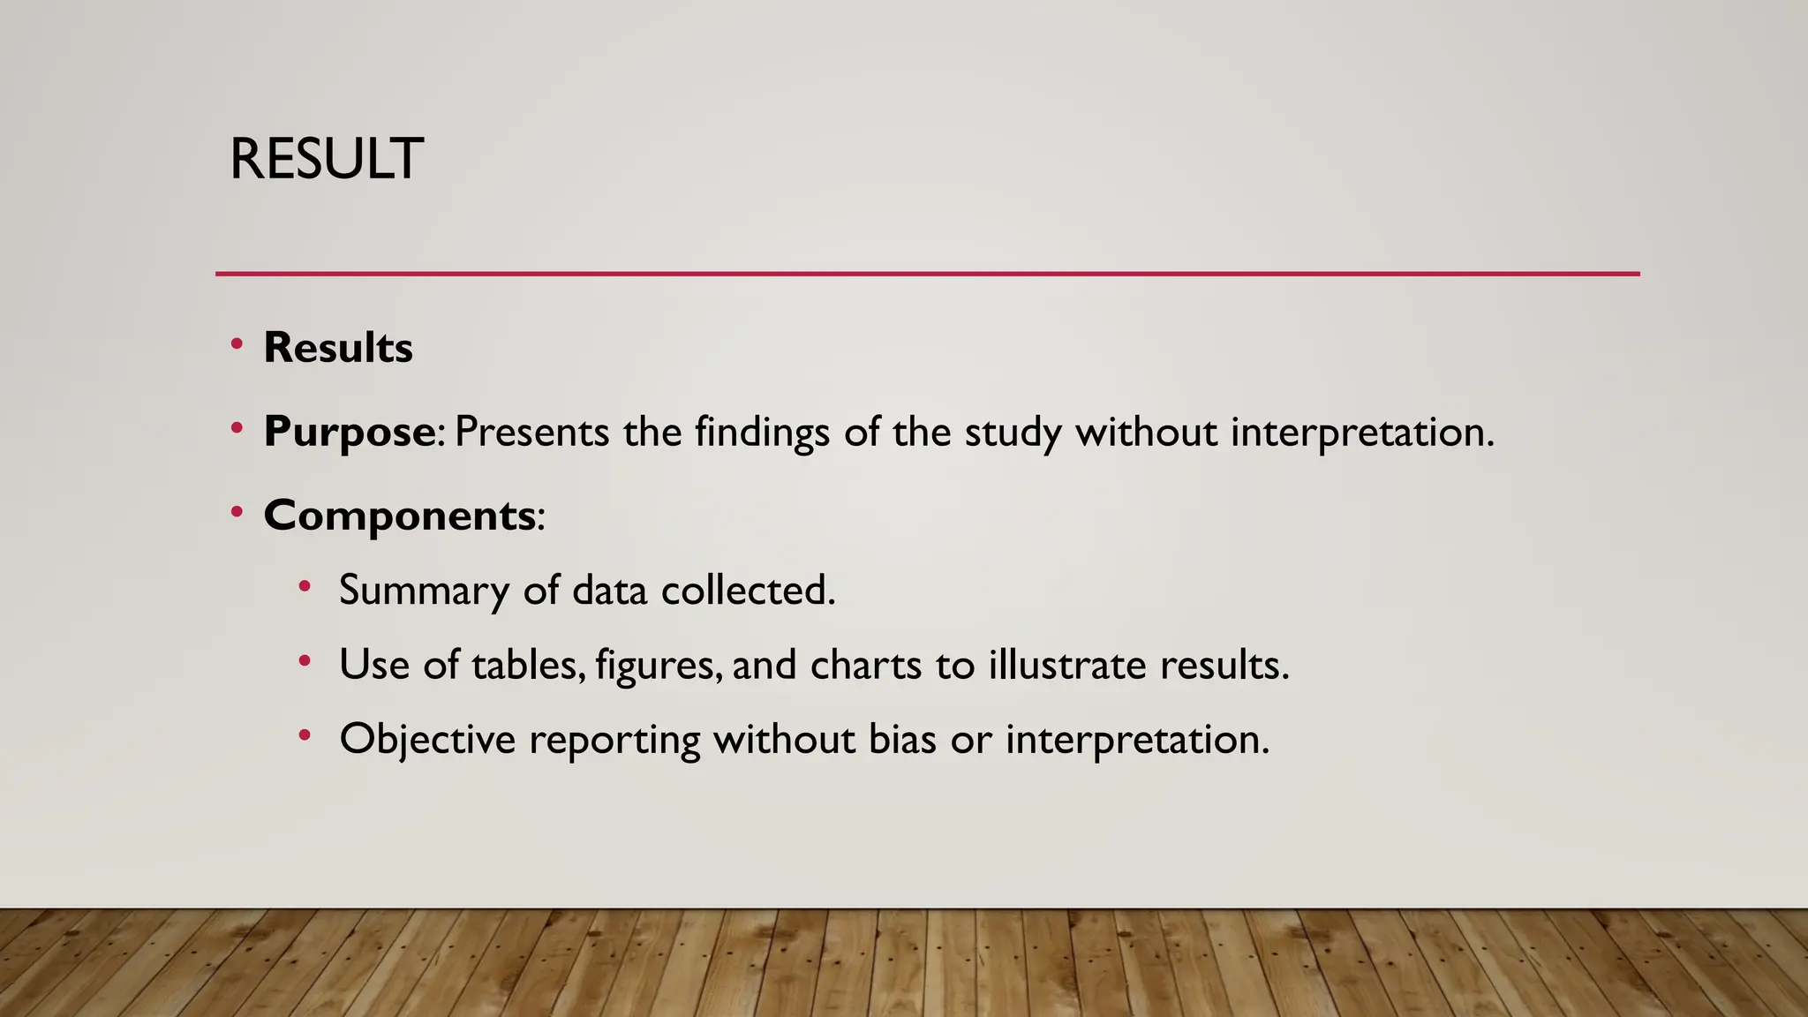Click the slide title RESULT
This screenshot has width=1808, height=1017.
(326, 160)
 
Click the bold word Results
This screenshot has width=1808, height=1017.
(338, 347)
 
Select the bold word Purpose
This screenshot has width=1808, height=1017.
(349, 432)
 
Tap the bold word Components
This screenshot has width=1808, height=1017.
(399, 515)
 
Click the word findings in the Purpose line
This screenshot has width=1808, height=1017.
(762, 432)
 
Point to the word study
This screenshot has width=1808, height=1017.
(1013, 432)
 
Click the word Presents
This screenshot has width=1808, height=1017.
(531, 432)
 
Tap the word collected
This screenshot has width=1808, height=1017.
(747, 590)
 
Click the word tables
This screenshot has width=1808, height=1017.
(528, 664)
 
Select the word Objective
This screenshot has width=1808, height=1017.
(427, 739)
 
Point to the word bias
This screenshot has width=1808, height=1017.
(902, 739)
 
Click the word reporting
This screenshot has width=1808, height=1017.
(614, 739)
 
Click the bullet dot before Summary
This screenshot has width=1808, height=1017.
(305, 586)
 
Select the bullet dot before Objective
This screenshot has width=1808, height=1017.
(305, 734)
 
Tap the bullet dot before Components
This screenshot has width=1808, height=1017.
(237, 512)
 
